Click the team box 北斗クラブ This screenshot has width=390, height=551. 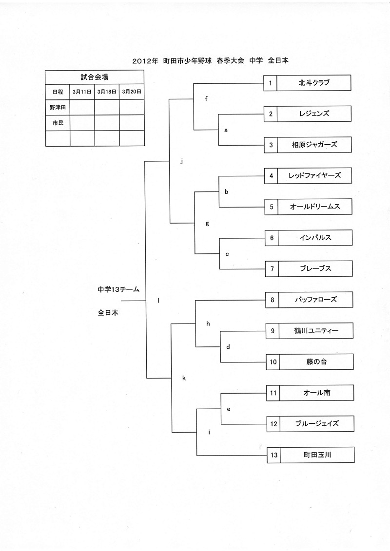(x=314, y=83)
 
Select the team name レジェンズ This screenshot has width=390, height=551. (x=314, y=114)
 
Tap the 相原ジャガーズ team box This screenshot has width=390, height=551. (x=314, y=145)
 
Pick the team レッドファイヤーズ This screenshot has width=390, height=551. (x=314, y=175)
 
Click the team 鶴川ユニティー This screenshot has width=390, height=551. (x=316, y=331)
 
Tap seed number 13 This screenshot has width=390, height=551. (x=273, y=455)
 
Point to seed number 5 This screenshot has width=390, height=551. (x=271, y=207)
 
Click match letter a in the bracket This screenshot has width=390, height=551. (x=226, y=130)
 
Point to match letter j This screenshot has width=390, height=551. (x=181, y=161)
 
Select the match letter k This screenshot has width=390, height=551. (x=184, y=378)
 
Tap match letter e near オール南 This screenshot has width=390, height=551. (x=228, y=409)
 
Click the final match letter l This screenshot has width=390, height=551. (x=158, y=300)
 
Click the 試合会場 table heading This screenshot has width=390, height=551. (x=95, y=77)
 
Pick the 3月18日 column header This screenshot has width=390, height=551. (x=107, y=92)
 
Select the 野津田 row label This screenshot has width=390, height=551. (x=58, y=107)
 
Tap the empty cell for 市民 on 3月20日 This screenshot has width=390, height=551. (x=132, y=123)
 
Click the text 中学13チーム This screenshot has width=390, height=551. (x=118, y=289)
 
